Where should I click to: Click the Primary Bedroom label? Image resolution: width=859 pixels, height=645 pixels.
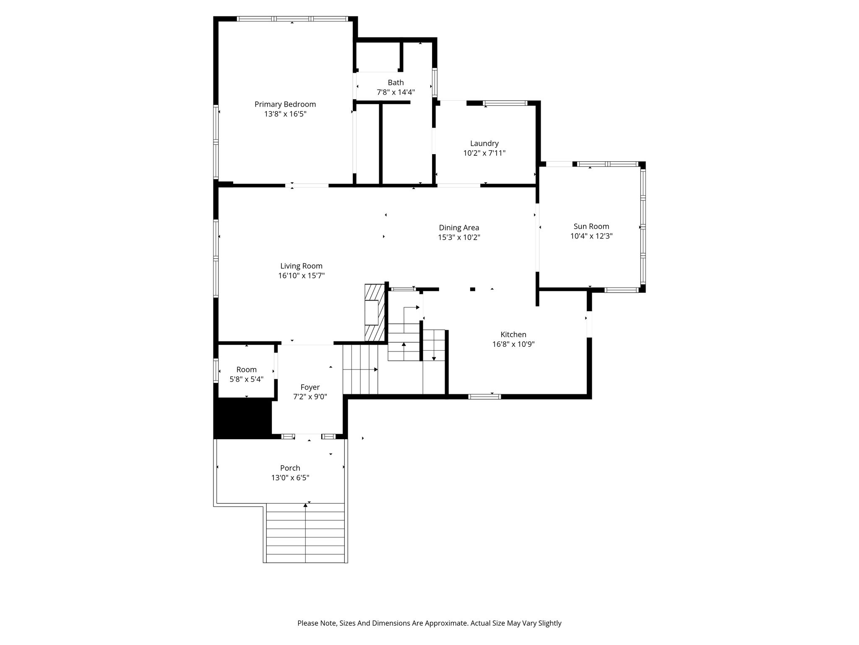tap(285, 104)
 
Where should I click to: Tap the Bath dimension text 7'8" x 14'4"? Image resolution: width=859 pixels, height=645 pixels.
tap(396, 92)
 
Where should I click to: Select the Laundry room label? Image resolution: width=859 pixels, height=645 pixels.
tap(484, 144)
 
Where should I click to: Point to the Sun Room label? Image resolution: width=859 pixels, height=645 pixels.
tap(591, 226)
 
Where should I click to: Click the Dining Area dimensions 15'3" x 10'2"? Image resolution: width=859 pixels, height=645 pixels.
tap(459, 237)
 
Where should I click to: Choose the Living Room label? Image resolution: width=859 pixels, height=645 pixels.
tap(302, 266)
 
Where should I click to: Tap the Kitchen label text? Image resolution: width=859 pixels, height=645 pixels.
tap(513, 335)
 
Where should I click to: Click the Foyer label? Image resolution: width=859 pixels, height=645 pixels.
tap(310, 388)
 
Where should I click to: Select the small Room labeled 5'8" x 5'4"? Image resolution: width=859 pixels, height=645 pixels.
tap(247, 374)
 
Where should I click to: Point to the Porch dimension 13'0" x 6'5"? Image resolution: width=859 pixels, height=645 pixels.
tap(290, 478)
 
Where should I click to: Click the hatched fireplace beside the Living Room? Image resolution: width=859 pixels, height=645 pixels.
tap(375, 313)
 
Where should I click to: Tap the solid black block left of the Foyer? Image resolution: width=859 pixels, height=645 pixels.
tap(243, 419)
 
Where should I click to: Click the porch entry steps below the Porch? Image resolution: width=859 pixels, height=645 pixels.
tap(305, 533)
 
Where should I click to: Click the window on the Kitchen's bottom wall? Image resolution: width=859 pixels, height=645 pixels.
tap(484, 396)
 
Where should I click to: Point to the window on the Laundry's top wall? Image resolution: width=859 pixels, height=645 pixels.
tap(505, 103)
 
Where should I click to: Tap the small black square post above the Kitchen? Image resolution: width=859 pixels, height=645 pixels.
tap(473, 289)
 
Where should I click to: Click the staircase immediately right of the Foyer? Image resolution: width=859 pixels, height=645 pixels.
tap(361, 370)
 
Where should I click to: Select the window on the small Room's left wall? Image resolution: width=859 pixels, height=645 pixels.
tap(216, 370)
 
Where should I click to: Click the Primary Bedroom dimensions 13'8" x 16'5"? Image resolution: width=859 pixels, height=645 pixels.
tap(285, 114)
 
